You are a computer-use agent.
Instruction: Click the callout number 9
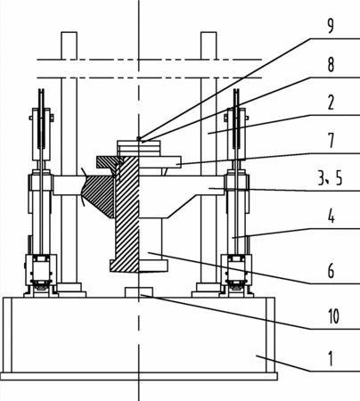(331, 26)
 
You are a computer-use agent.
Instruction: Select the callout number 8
(331, 64)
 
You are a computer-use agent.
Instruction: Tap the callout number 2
(331, 102)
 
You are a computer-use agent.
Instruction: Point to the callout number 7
(331, 141)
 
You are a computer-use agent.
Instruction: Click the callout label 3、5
(330, 178)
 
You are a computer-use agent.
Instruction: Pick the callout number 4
(331, 217)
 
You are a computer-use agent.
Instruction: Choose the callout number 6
(331, 271)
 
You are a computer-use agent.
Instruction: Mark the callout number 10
(333, 316)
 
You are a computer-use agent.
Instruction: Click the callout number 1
(331, 358)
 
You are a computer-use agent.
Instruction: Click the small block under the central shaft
(139, 292)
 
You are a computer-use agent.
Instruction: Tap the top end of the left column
(69, 32)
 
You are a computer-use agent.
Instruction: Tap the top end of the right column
(209, 32)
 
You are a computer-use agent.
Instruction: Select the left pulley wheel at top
(42, 119)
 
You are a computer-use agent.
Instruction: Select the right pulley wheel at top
(236, 119)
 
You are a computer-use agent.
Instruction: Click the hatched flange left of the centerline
(110, 162)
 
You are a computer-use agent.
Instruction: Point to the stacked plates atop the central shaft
(139, 148)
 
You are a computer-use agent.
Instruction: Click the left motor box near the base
(41, 270)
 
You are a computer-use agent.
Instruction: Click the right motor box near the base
(236, 270)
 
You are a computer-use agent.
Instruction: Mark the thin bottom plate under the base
(139, 376)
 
